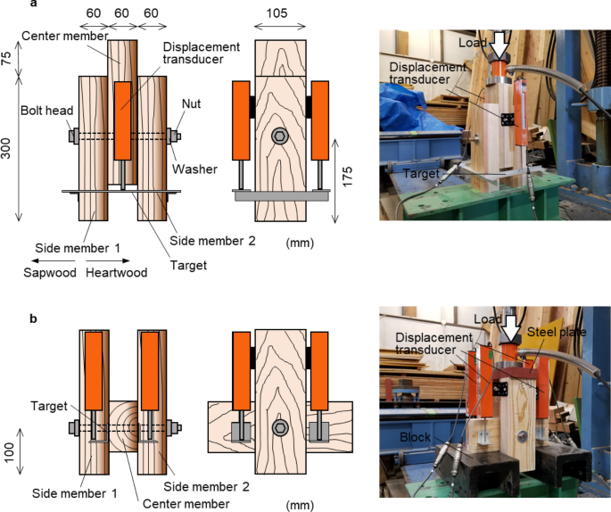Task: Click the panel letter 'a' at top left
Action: (x=8, y=5)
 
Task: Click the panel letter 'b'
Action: (x=8, y=316)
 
